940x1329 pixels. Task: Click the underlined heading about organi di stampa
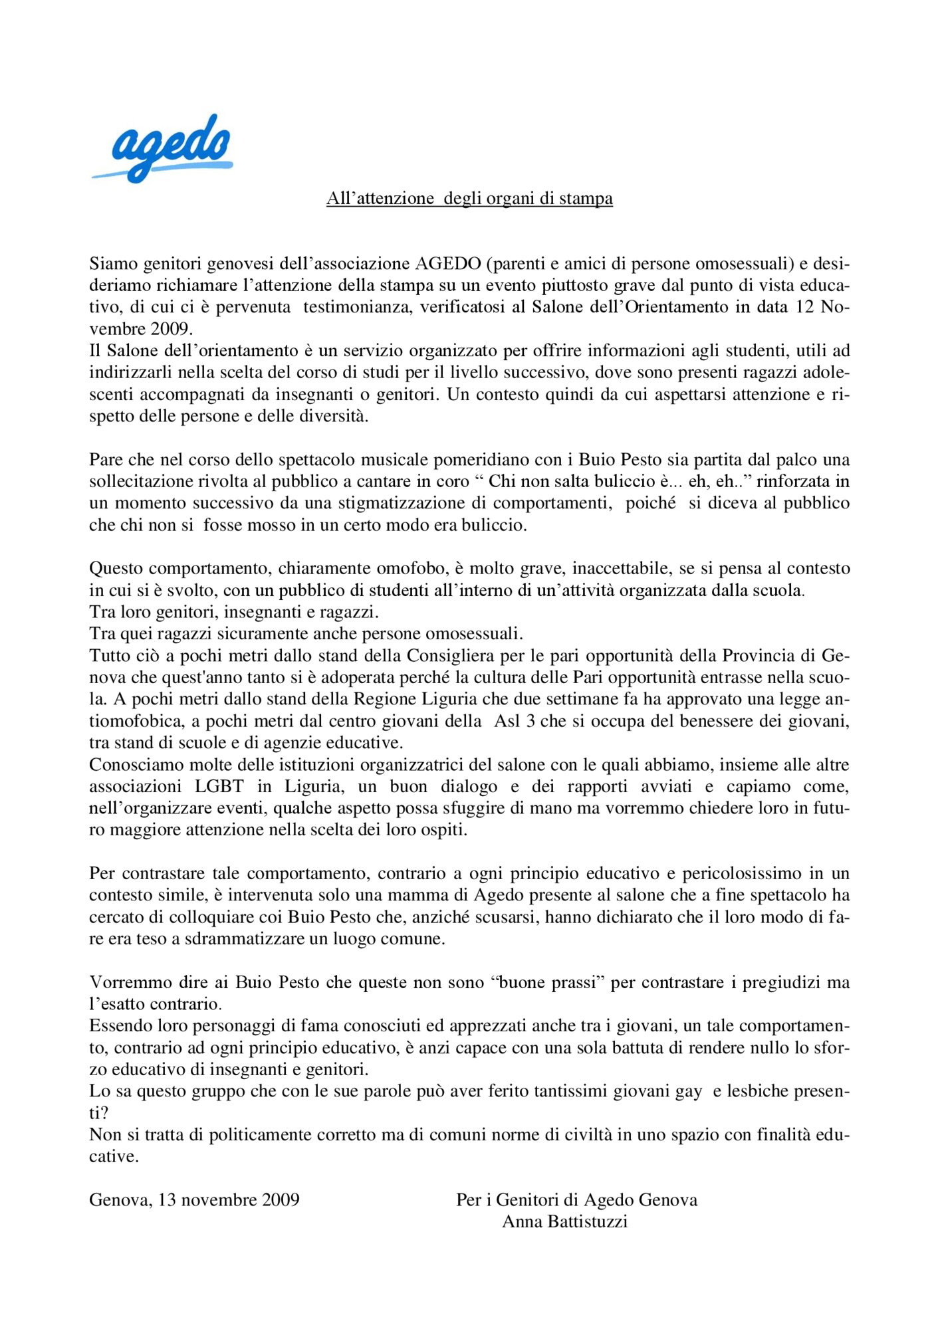pos(469,199)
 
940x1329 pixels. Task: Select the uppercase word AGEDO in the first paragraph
pos(448,264)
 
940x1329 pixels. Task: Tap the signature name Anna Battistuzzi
pos(564,1222)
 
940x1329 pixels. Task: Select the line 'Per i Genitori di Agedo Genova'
pos(576,1200)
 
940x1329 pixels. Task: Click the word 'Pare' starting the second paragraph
pos(106,460)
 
